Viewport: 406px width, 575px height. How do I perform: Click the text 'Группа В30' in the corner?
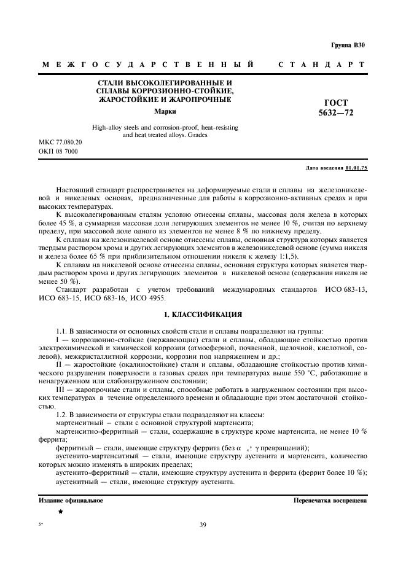pos(348,45)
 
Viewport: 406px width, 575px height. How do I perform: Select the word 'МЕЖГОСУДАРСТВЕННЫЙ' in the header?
pos(148,65)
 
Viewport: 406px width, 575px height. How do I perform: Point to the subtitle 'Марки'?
pos(165,111)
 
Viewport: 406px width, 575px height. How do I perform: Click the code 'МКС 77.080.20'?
pos(61,142)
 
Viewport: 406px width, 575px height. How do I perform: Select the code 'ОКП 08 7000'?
pos(58,151)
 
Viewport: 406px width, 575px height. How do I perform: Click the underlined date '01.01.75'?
pos(356,167)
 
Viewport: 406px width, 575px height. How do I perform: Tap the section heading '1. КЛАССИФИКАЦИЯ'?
pos(203,315)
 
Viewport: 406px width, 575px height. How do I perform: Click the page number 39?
pos(203,524)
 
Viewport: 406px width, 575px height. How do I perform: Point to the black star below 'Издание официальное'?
pos(60,511)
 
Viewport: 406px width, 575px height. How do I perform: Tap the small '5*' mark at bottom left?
pos(41,524)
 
